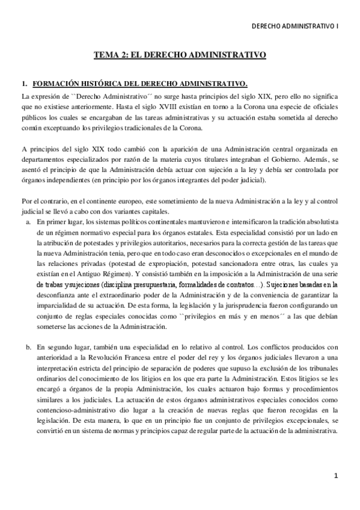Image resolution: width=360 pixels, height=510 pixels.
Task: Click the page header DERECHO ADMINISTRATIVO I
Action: click(296, 26)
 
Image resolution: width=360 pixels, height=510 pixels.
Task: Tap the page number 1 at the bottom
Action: click(336, 476)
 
